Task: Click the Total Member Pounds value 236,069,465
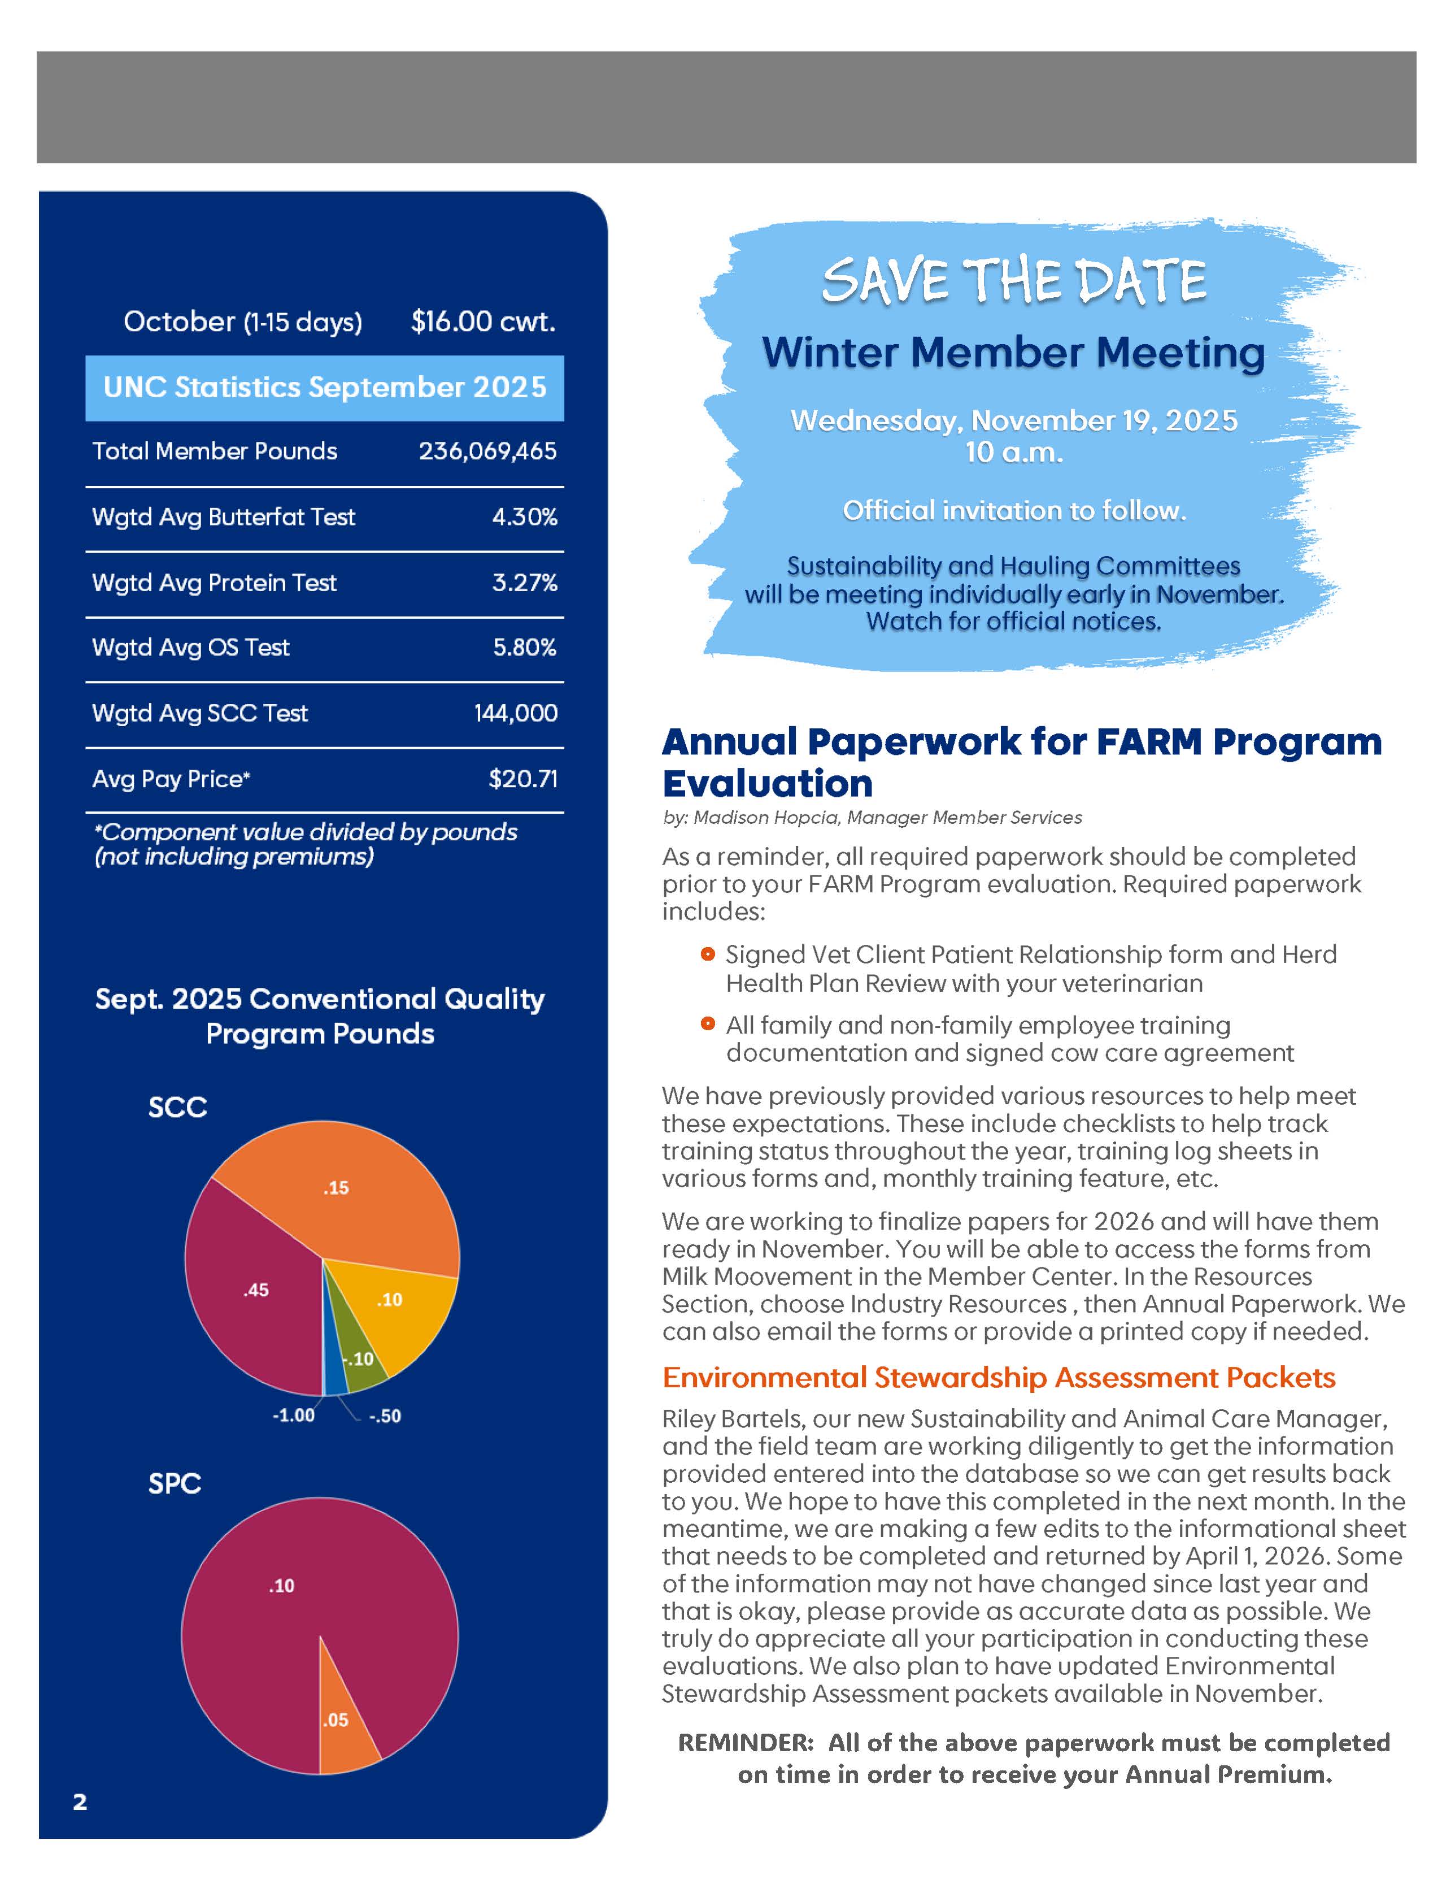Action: point(487,451)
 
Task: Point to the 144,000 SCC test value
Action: point(515,713)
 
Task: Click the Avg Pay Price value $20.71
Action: point(522,779)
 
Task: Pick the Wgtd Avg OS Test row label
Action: point(190,647)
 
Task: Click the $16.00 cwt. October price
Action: point(483,322)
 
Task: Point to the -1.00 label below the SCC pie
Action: point(293,1416)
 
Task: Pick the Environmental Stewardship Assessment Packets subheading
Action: point(998,1378)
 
